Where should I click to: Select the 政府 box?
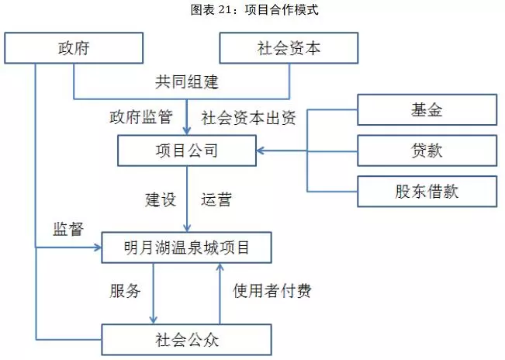coord(74,48)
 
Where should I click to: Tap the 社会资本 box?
coord(289,48)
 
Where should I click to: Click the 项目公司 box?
coord(186,150)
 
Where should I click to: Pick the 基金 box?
coord(427,109)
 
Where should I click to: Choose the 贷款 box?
coord(427,150)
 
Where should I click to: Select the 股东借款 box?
coord(427,191)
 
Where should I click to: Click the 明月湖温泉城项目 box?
coord(186,248)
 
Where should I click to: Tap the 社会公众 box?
coord(186,339)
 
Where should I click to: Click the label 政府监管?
coord(140,118)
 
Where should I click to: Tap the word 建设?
coord(161,199)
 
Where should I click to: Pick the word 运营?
coord(216,199)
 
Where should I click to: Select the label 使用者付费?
coord(272,292)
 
